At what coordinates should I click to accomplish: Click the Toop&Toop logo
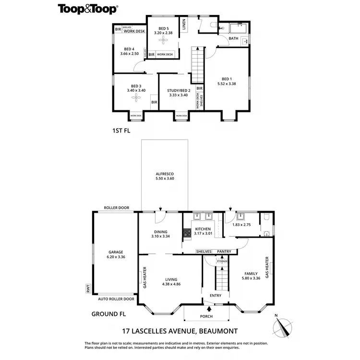click(88, 9)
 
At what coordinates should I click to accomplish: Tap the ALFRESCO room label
click(164, 174)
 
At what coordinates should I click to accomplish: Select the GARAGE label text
click(116, 252)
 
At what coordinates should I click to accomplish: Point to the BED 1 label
click(227, 79)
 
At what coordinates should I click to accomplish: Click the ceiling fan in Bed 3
click(136, 98)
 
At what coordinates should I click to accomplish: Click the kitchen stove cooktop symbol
click(186, 234)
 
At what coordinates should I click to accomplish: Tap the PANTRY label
click(224, 252)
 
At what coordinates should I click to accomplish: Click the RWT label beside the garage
click(88, 289)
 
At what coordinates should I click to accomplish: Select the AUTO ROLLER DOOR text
click(116, 299)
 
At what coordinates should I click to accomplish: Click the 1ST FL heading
click(120, 130)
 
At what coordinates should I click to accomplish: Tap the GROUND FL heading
click(108, 314)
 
